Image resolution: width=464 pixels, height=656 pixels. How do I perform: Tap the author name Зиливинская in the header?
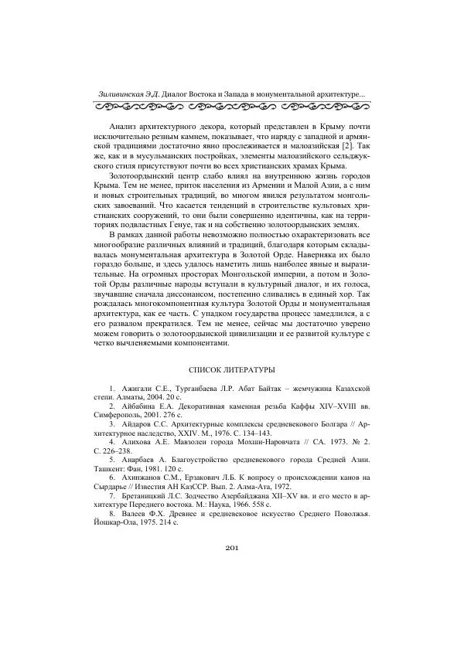(x=125, y=94)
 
